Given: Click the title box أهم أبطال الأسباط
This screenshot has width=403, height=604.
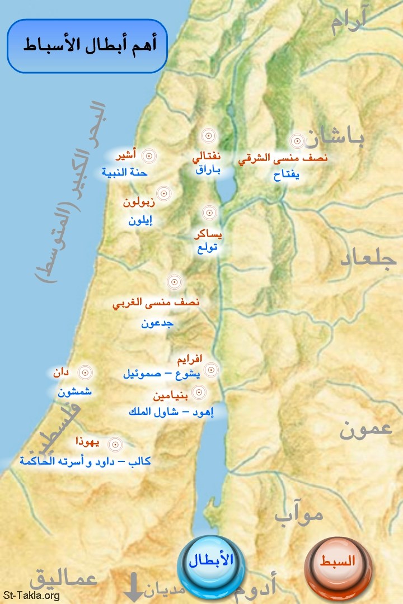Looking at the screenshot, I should (x=87, y=46).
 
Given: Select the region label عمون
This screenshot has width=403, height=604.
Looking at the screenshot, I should (x=367, y=431).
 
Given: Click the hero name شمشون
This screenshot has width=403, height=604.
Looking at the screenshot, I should (x=74, y=392).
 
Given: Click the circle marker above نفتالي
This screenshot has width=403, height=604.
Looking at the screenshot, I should (x=208, y=136).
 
